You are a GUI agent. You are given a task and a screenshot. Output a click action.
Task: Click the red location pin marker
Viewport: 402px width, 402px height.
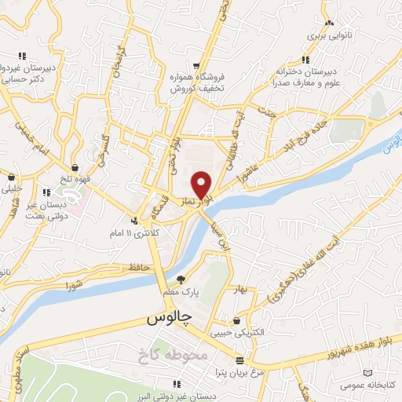203,184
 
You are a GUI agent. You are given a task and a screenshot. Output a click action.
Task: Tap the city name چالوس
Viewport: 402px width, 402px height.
169,318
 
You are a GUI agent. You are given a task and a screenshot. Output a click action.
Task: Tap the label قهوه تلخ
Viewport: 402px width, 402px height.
75,177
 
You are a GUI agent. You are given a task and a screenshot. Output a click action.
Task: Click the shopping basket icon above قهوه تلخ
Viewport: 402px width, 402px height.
75,167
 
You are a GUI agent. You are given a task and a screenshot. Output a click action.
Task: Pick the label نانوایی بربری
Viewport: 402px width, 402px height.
326,36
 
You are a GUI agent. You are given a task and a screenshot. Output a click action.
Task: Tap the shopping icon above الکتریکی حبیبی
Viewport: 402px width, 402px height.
236,320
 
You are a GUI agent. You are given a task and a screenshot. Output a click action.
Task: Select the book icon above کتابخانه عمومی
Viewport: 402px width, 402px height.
367,372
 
